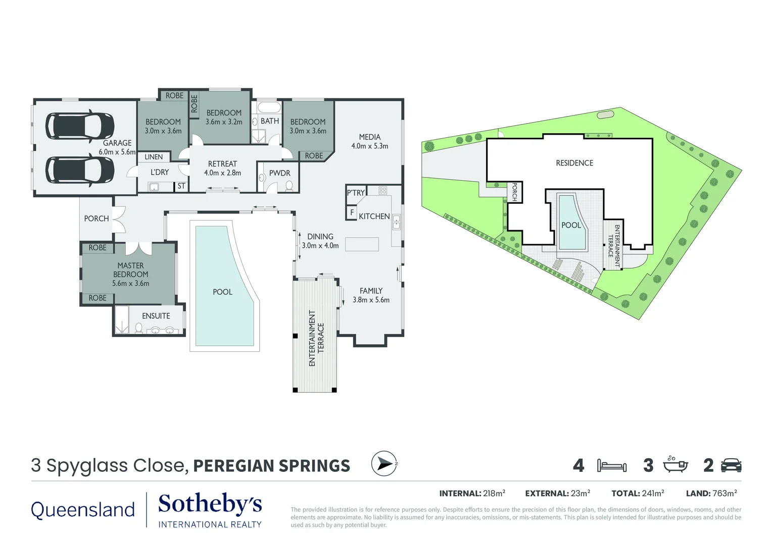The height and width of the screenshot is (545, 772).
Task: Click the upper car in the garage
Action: pos(80,125)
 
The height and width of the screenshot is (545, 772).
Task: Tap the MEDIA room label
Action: pos(370,137)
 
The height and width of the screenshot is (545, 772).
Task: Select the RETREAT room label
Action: pos(222,164)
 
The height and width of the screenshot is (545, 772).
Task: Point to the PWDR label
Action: pos(279,173)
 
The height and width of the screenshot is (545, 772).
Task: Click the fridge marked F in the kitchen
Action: pos(352,212)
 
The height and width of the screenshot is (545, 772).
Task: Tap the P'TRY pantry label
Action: pos(356,193)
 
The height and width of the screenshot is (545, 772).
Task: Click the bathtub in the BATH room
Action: pos(269,107)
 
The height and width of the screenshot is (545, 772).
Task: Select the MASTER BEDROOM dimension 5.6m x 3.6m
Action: pos(130,284)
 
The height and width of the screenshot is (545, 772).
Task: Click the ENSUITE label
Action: pos(156,316)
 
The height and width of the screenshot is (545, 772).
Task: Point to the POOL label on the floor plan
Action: pos(222,292)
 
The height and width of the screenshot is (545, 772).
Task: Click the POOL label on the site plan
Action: pos(571,226)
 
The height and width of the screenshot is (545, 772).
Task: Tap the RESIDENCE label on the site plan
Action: pos(574,163)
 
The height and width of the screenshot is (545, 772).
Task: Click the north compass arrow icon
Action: pos(384,463)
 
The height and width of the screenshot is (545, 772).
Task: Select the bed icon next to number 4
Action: pos(611,465)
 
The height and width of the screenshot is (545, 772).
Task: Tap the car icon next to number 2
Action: pos(731,465)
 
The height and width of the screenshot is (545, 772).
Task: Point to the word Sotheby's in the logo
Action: pos(210,504)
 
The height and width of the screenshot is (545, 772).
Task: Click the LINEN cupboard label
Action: pos(154,157)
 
